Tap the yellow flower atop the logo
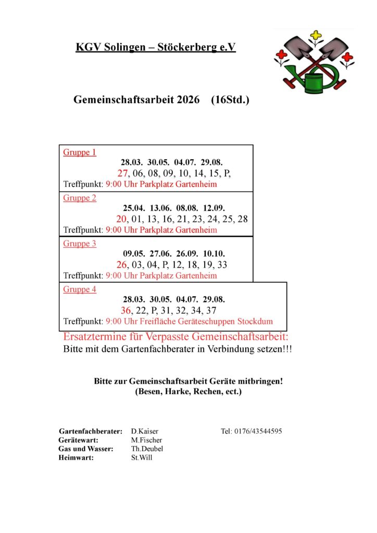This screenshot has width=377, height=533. tap(316, 36)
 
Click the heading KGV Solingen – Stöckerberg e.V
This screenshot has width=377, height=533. tap(156, 47)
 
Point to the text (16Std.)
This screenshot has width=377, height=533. tap(230, 99)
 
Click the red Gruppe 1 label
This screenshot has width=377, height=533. tap(80, 153)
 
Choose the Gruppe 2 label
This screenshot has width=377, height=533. tap(80, 198)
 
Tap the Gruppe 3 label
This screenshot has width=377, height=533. tap(80, 244)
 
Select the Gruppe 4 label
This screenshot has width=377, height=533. tap(80, 289)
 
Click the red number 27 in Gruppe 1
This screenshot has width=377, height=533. tap(122, 173)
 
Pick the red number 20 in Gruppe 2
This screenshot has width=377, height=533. tap(121, 219)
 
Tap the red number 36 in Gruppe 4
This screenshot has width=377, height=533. tap(126, 310)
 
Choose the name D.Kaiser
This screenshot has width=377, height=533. tap(145, 432)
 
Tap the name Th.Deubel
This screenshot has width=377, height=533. tap(147, 449)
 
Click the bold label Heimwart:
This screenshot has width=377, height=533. tap(76, 458)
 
